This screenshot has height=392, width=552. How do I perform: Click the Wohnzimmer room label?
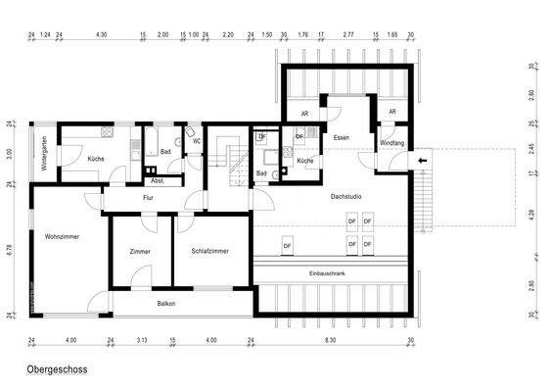tap(62, 237)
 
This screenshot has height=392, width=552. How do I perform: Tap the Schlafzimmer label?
tap(210, 252)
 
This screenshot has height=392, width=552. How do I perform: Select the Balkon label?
tap(166, 304)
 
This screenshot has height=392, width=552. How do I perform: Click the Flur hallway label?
tap(149, 197)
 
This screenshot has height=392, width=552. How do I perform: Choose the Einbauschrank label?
tap(327, 272)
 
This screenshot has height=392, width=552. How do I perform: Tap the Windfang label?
tap(391, 144)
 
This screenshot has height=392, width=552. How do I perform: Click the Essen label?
tap(341, 138)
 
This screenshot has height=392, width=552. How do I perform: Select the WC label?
tap(197, 142)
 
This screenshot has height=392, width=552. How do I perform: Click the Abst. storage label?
tap(158, 180)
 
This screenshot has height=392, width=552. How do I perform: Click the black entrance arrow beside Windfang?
tap(423, 160)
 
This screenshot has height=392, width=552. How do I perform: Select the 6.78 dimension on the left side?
tap(8, 250)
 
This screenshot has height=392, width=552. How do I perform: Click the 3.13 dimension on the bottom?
tap(142, 340)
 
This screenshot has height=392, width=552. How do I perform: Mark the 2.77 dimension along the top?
tap(348, 33)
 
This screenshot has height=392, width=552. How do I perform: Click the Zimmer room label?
tap(140, 252)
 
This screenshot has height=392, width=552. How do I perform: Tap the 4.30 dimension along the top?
tap(101, 33)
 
